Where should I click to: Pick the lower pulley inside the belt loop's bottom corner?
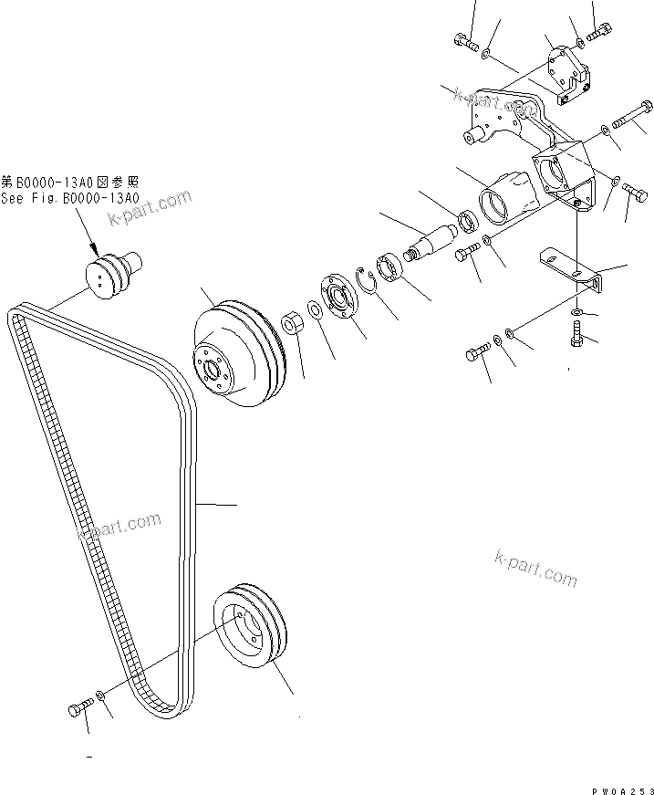251,627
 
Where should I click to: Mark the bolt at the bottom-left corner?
79,707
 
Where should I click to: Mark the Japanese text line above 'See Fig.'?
68,183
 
